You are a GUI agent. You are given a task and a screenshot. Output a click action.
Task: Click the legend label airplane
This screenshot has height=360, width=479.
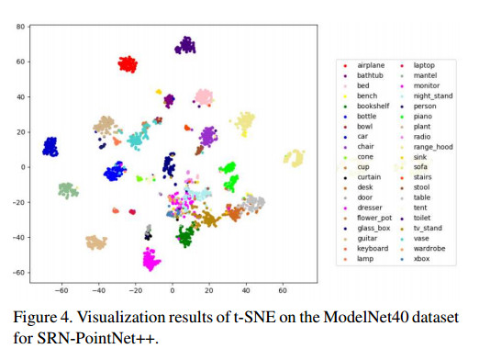(371, 65)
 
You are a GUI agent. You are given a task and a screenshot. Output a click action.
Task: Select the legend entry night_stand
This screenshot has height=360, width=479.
(433, 96)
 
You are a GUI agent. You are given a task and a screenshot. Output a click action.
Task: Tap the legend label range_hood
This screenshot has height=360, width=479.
(433, 147)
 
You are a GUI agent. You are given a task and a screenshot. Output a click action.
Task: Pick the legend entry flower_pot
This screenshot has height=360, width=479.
(374, 218)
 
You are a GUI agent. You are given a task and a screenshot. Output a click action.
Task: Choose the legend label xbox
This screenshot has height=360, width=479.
(421, 259)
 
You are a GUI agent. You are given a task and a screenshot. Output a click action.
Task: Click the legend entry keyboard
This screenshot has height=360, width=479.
(373, 249)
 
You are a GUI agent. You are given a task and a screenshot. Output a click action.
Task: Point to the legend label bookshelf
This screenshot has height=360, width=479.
(373, 106)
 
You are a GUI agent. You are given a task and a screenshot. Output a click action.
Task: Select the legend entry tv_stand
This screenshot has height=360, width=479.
(428, 228)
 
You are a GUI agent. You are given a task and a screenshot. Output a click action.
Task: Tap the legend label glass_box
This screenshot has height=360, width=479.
(373, 228)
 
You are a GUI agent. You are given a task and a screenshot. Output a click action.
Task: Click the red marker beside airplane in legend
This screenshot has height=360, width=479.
(345, 66)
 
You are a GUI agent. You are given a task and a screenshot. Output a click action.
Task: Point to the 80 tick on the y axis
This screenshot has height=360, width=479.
(20, 27)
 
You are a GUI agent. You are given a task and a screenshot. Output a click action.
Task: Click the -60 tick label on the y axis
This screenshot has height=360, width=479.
(18, 273)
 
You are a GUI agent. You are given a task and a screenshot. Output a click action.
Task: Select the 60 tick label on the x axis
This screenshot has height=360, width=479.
(283, 290)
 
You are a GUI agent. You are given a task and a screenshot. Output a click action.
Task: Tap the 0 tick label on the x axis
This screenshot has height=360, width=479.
(173, 290)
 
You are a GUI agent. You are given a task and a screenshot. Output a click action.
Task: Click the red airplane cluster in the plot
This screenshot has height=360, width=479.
(128, 64)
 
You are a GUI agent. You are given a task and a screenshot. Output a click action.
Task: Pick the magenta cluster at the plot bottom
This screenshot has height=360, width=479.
(150, 259)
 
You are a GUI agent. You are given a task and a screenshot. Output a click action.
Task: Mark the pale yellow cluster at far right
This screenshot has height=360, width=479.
(295, 158)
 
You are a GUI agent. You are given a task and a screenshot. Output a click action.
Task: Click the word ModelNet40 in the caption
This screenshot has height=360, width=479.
(366, 317)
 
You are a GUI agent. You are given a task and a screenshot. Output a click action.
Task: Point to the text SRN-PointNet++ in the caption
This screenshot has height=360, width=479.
(97, 338)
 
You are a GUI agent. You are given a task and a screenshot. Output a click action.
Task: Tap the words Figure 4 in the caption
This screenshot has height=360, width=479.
(43, 317)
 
